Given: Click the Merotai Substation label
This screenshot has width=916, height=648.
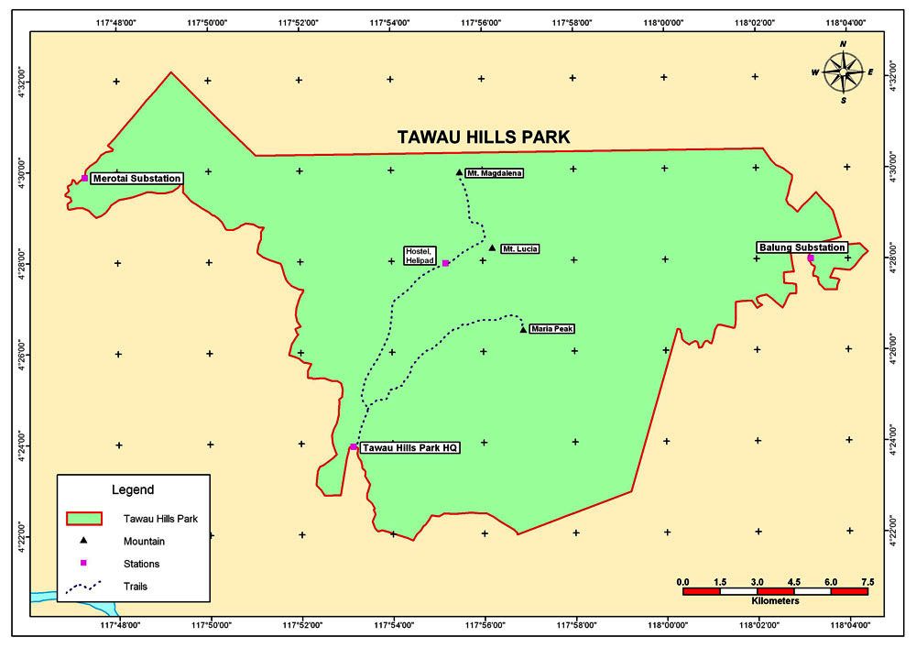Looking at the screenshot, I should [x=136, y=178].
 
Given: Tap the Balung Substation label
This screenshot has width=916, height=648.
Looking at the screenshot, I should [x=801, y=247].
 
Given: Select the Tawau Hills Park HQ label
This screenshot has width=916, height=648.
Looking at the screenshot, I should [x=409, y=447].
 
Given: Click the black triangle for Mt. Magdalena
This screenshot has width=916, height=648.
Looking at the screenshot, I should [x=459, y=171].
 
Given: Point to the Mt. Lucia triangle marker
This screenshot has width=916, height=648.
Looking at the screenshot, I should [x=492, y=247].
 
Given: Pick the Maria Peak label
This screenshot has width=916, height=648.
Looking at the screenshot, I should [x=551, y=328].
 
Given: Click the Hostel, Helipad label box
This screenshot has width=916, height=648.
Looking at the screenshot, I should [x=421, y=256].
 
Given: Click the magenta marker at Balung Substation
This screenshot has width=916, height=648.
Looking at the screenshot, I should [x=811, y=258].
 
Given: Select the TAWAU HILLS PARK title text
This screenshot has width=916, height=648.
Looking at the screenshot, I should [x=484, y=137].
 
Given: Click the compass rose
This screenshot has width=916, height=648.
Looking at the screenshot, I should [x=843, y=72].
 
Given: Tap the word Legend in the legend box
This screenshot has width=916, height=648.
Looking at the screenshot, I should [x=133, y=489].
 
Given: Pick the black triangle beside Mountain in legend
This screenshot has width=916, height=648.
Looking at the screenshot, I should [x=82, y=542].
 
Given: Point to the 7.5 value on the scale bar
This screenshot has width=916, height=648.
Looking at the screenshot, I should [x=867, y=581].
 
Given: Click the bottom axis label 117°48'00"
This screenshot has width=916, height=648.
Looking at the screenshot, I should [x=119, y=626].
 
